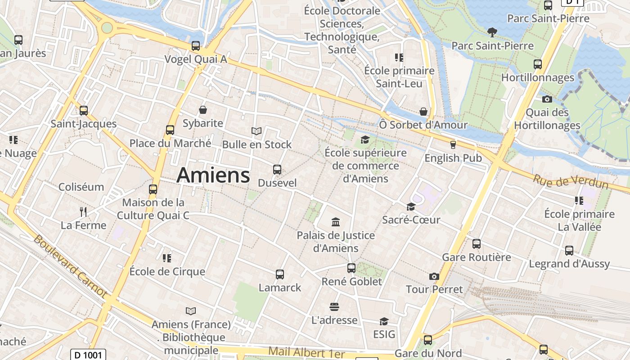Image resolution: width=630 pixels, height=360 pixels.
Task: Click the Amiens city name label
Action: pos(213,175)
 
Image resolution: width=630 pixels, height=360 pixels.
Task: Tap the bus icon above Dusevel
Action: pos(277,170)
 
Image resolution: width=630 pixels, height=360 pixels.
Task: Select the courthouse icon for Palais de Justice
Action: pos(335,222)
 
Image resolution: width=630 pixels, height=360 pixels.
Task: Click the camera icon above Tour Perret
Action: pos(434,276)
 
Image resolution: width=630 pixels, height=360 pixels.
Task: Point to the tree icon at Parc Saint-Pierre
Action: pos(492,32)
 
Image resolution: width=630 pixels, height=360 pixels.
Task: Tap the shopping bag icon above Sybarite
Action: pos(203,110)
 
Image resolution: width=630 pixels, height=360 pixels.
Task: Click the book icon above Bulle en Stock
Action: pos(256,131)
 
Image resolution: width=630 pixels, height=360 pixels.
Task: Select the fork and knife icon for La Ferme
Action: pos(83,211)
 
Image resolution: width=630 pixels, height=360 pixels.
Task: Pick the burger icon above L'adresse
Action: pos(334,307)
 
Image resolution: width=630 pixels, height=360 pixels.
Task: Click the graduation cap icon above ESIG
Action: pos(384,321)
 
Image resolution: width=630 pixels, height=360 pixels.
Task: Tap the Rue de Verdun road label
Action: pos(571,181)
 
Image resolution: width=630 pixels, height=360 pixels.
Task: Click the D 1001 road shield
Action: pos(88,355)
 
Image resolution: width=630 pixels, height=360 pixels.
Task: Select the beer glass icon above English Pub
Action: pos(453,144)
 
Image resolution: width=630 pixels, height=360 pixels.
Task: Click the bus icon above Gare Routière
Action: pos(477,244)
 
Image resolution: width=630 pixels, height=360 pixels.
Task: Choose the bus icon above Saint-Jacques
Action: pos(84,110)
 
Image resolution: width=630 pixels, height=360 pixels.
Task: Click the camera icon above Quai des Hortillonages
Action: pos(547,99)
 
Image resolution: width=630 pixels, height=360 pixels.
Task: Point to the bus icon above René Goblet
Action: pos(351,268)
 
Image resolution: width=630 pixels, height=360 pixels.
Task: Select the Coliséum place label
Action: pos(81,187)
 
